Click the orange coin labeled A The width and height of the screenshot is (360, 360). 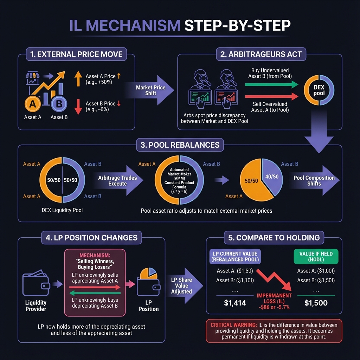[x=33, y=103]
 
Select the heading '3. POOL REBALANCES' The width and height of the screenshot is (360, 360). [x=180, y=145]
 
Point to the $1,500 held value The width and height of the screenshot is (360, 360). [x=315, y=303]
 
